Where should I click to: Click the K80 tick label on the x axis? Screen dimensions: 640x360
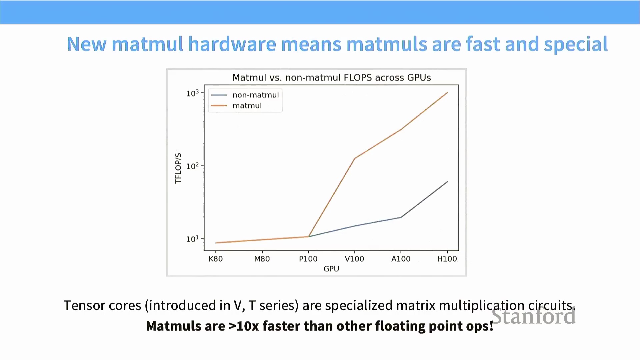point(216,259)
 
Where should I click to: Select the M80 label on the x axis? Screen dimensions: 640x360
point(262,259)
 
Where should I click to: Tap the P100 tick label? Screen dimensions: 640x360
point(308,259)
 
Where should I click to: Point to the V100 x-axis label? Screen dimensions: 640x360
point(354,259)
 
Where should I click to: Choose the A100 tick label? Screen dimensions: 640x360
point(401,259)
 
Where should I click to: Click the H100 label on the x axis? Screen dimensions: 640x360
point(447,259)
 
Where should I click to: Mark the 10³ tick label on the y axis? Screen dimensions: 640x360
point(192,93)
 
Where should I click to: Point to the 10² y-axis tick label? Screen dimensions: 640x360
point(192,166)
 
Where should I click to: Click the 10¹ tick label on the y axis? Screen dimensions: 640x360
point(192,239)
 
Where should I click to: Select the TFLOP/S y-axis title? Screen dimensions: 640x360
point(178,168)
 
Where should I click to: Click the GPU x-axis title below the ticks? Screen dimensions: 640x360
point(331,269)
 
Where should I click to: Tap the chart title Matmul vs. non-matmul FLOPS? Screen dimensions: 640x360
point(332,78)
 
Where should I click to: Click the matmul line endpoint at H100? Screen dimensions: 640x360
point(447,93)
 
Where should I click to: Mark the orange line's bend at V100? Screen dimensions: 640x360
point(355,158)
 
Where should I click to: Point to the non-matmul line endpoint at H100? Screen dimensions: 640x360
point(447,182)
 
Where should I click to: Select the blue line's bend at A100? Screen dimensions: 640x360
point(401,217)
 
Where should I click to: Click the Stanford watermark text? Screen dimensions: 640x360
point(534,316)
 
